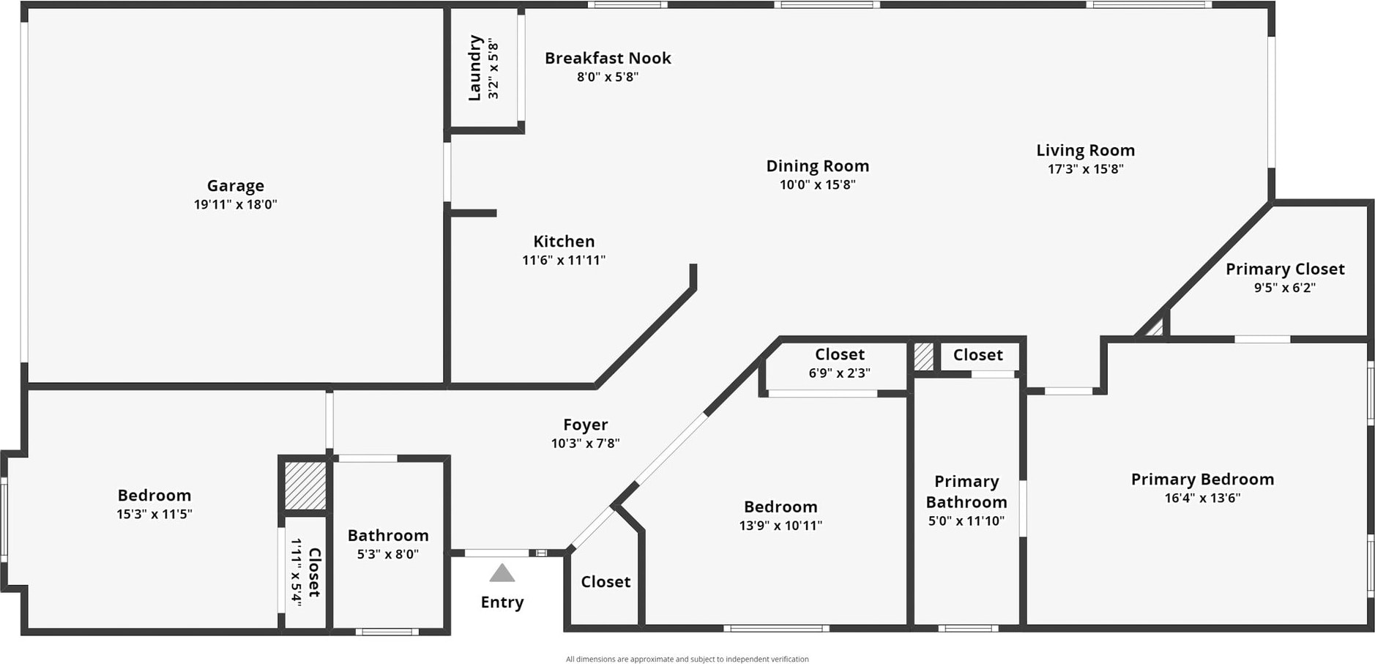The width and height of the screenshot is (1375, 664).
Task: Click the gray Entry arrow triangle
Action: (x=502, y=573)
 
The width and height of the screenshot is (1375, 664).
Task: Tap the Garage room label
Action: (x=235, y=186)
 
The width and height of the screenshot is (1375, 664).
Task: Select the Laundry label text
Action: (x=474, y=67)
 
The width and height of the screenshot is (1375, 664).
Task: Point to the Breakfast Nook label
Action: (x=608, y=59)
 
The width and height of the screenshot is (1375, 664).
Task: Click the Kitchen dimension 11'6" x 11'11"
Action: (x=564, y=260)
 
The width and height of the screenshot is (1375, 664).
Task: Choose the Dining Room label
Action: (x=817, y=166)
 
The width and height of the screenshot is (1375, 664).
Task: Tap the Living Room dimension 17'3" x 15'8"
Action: (x=1085, y=169)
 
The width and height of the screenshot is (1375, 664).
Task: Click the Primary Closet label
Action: (x=1285, y=269)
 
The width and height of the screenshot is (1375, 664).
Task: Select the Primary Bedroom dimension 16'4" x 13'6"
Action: (x=1202, y=499)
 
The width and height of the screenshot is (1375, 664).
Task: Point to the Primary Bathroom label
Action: (x=966, y=491)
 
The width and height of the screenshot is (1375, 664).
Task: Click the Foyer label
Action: (x=585, y=425)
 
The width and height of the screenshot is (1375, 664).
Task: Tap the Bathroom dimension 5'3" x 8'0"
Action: (x=388, y=554)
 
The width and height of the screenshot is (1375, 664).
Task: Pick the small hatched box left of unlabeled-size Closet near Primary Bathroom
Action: (x=923, y=357)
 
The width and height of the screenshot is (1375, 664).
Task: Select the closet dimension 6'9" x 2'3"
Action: (x=839, y=373)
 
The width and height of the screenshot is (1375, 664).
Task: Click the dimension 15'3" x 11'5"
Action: (x=154, y=514)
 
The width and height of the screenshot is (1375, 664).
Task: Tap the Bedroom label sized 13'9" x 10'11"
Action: (x=780, y=507)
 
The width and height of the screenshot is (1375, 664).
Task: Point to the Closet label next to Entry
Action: (x=605, y=582)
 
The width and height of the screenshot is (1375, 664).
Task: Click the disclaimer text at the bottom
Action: (x=687, y=659)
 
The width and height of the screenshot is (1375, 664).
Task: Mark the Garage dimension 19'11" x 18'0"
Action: (x=235, y=205)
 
